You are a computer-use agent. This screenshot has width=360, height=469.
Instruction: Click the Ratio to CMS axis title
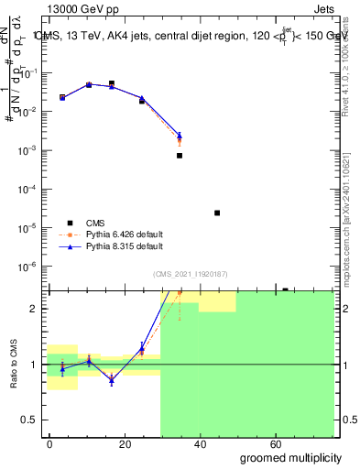14,365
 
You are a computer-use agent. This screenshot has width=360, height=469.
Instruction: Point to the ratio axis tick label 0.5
31,420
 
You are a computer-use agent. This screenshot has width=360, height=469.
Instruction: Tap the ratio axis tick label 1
35,365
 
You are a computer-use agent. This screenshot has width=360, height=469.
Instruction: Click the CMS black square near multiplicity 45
217,213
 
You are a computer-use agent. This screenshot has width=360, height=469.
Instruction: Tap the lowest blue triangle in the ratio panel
112,378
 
